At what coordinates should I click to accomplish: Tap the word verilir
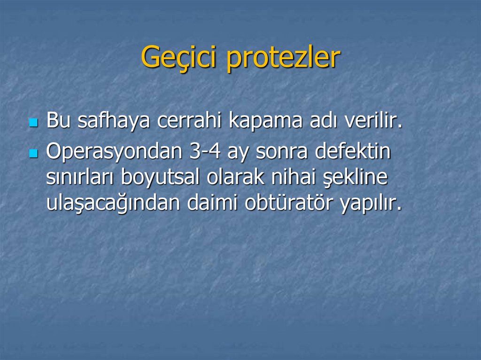(x=374, y=121)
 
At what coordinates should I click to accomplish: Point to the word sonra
(x=284, y=152)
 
